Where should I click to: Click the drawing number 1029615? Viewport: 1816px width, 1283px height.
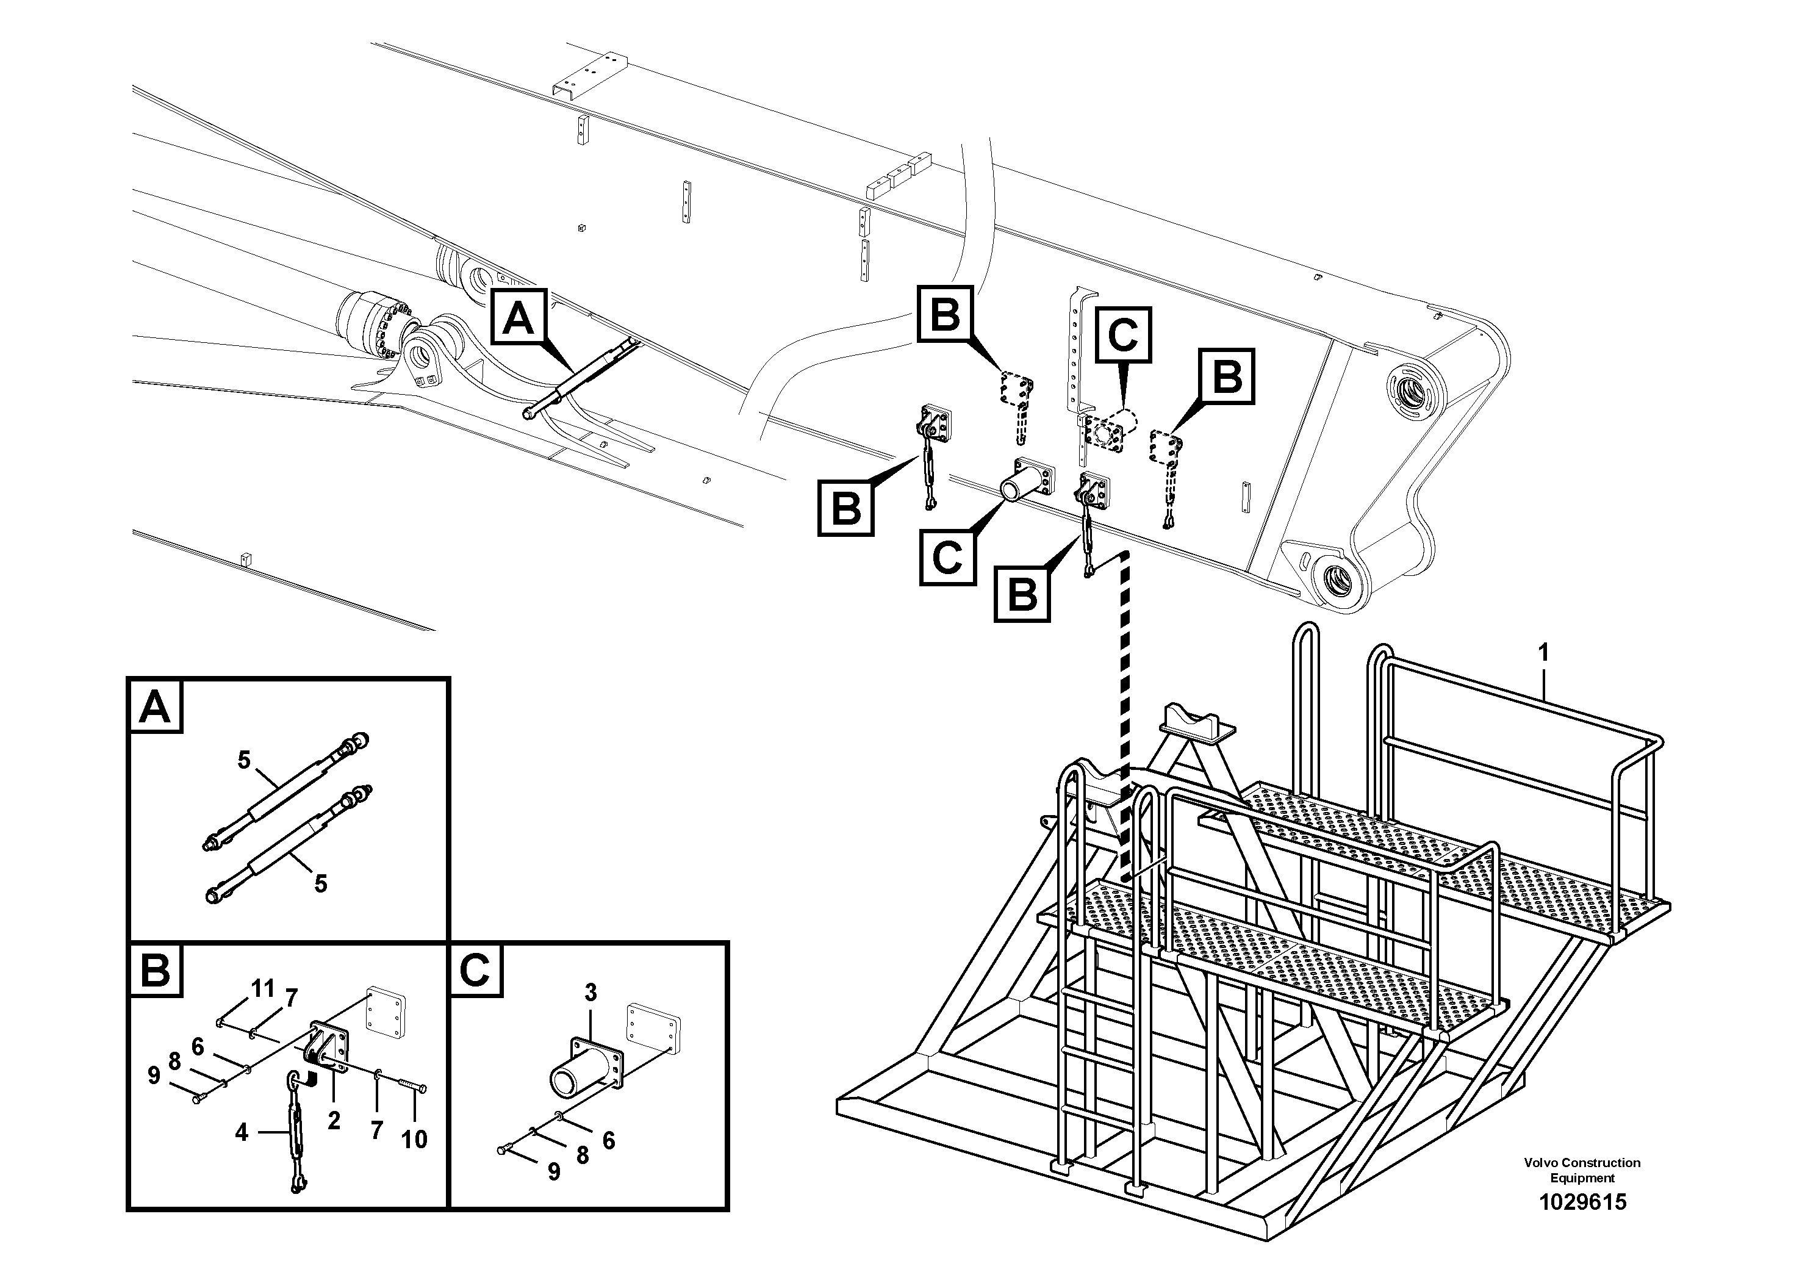tap(1582, 1202)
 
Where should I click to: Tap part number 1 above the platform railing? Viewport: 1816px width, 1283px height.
tap(1542, 653)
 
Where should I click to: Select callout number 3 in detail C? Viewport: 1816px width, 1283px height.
tap(591, 992)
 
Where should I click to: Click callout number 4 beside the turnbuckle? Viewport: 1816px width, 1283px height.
tap(241, 1133)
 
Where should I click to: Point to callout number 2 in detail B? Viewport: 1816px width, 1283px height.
tap(334, 1120)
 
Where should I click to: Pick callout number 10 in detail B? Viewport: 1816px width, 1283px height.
tap(414, 1139)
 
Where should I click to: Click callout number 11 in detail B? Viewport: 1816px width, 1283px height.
tap(262, 989)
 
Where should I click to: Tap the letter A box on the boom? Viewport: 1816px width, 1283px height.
tap(519, 317)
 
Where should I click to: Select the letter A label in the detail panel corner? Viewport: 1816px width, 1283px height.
tap(155, 706)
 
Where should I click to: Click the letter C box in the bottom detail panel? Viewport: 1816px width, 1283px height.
tap(475, 970)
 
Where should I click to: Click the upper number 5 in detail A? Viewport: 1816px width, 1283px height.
tap(245, 760)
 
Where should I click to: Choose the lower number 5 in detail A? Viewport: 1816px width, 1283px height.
tap(320, 883)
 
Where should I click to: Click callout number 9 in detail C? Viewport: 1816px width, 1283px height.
tap(554, 1172)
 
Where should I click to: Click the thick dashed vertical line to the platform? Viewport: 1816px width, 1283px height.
tap(1125, 712)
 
